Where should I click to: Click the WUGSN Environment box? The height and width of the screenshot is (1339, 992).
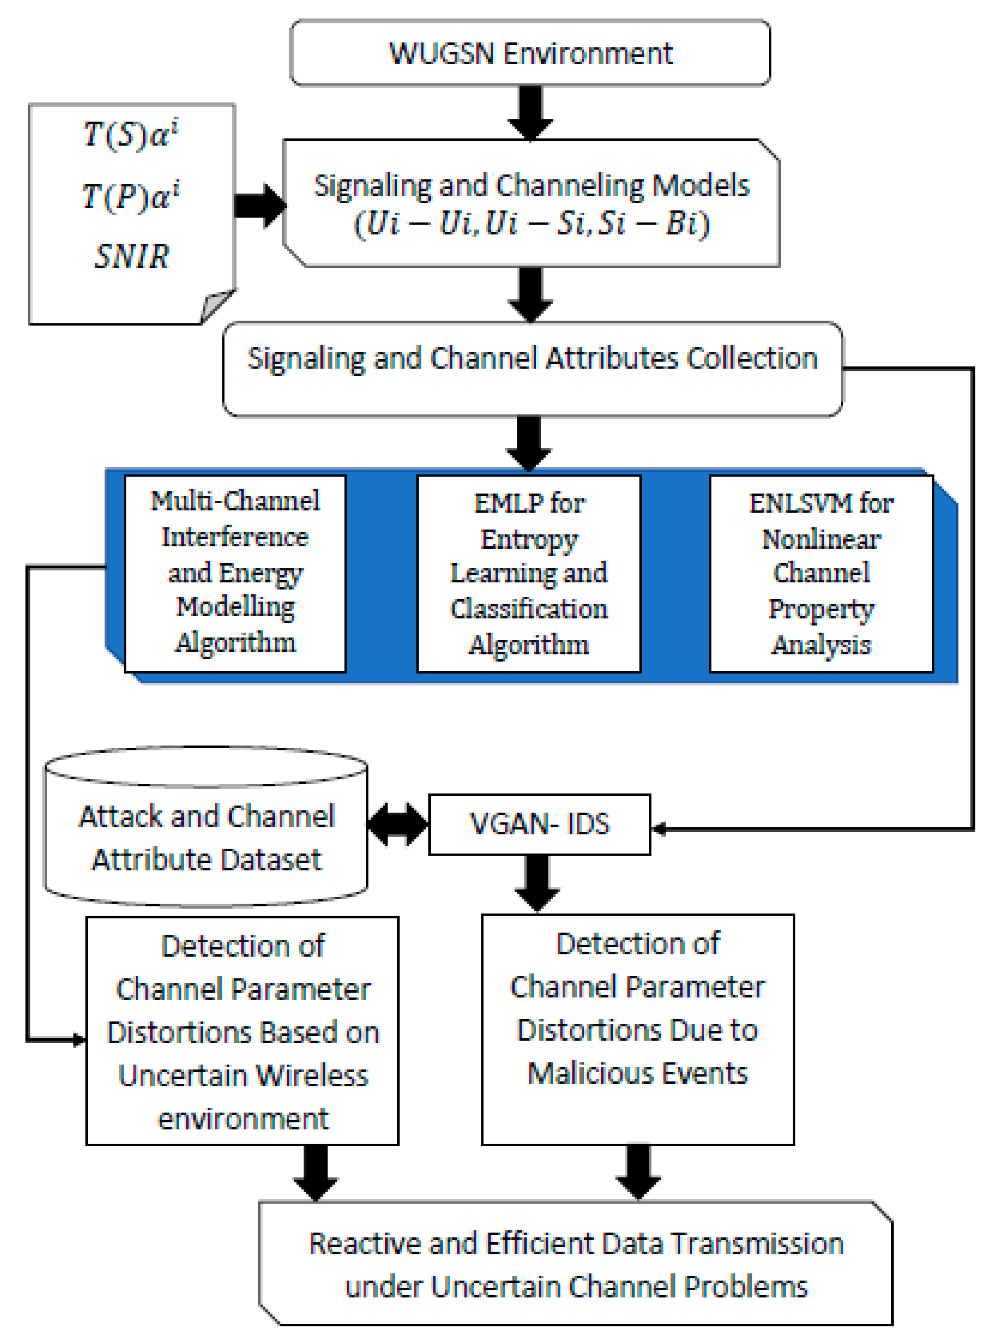pyautogui.click(x=530, y=53)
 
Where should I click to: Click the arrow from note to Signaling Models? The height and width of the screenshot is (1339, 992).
pyautogui.click(x=259, y=206)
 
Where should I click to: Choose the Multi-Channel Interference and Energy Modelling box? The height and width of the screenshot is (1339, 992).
pyautogui.click(x=235, y=573)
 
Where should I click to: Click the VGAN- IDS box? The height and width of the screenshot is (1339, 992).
pyautogui.click(x=539, y=824)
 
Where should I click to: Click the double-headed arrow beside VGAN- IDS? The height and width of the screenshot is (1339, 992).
pyautogui.click(x=397, y=824)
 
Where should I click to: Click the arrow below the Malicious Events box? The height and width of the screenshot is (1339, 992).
pyautogui.click(x=638, y=1171)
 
